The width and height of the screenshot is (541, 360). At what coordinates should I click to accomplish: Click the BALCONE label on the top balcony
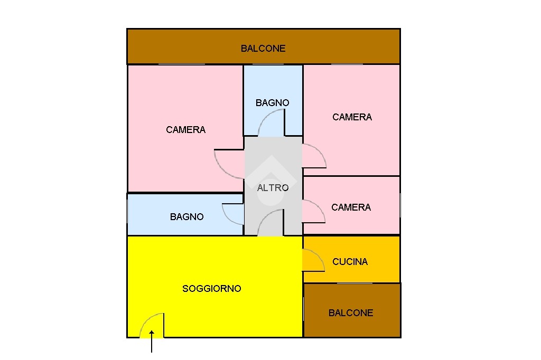[x=263, y=48]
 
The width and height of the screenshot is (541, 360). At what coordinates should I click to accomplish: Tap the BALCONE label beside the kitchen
[x=351, y=313]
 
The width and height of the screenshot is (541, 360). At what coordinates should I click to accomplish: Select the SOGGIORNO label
[x=211, y=288]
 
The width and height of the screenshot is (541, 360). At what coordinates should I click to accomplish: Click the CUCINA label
[x=350, y=261]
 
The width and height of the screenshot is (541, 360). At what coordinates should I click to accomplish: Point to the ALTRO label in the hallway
[x=273, y=187]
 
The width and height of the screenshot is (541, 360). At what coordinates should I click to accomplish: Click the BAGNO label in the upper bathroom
[x=272, y=102]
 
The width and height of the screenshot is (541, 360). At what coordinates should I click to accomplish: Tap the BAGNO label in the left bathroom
[x=186, y=216]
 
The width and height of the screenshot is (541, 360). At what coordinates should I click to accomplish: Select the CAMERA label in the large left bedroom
[x=185, y=130]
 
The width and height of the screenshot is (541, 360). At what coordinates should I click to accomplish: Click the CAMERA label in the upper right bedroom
[x=352, y=117]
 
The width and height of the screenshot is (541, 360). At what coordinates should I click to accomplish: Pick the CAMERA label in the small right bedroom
[x=351, y=207]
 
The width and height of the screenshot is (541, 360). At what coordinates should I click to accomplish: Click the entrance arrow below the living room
[x=152, y=342]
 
